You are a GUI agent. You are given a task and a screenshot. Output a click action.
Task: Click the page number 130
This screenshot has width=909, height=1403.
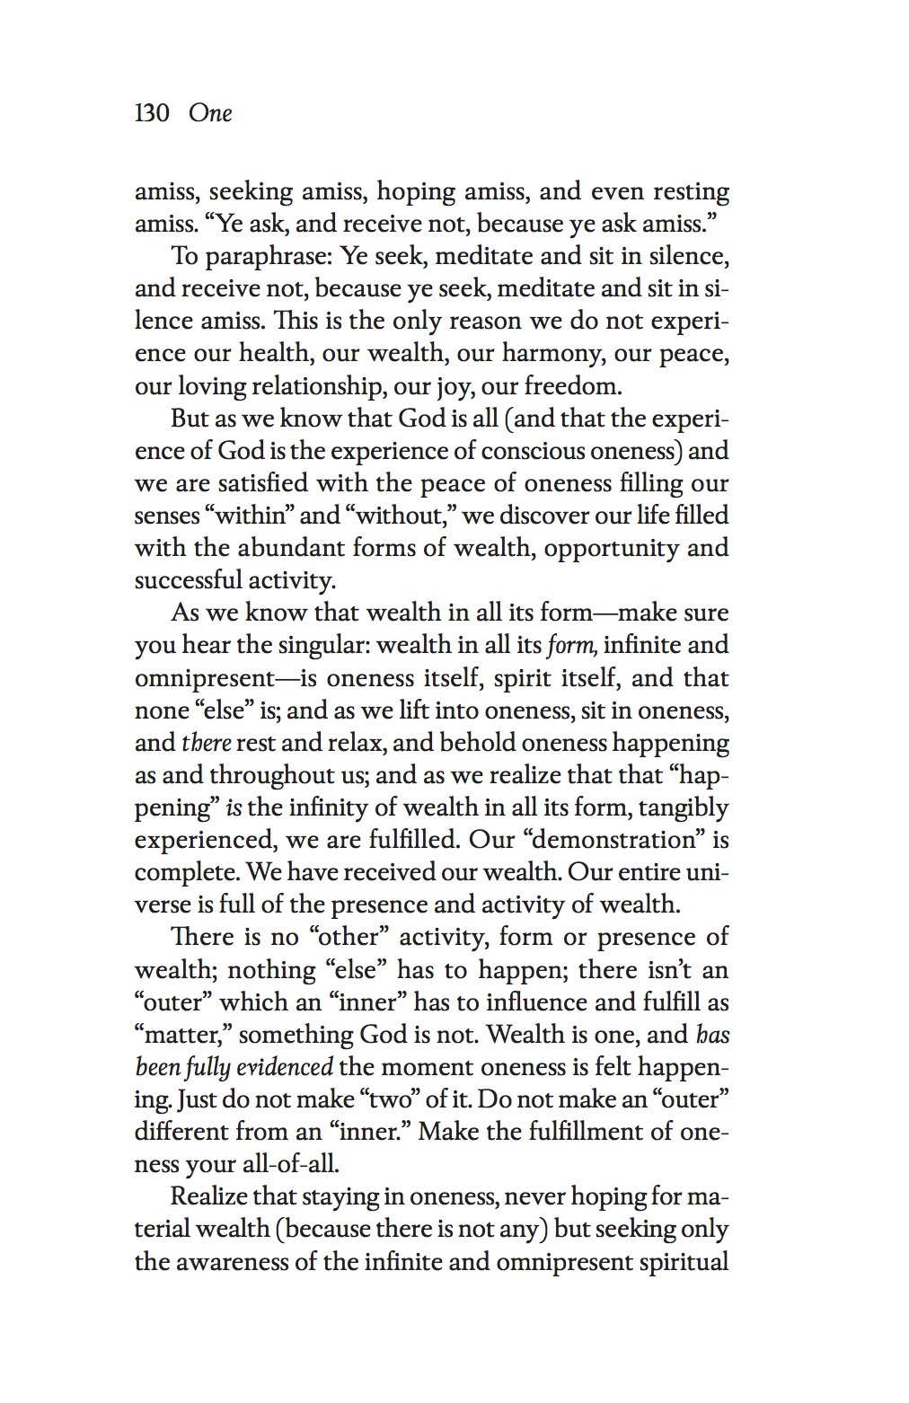[152, 113]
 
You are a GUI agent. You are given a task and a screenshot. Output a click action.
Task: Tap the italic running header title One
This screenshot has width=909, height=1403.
[210, 113]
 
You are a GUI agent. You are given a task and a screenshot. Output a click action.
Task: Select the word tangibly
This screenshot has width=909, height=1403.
[683, 807]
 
